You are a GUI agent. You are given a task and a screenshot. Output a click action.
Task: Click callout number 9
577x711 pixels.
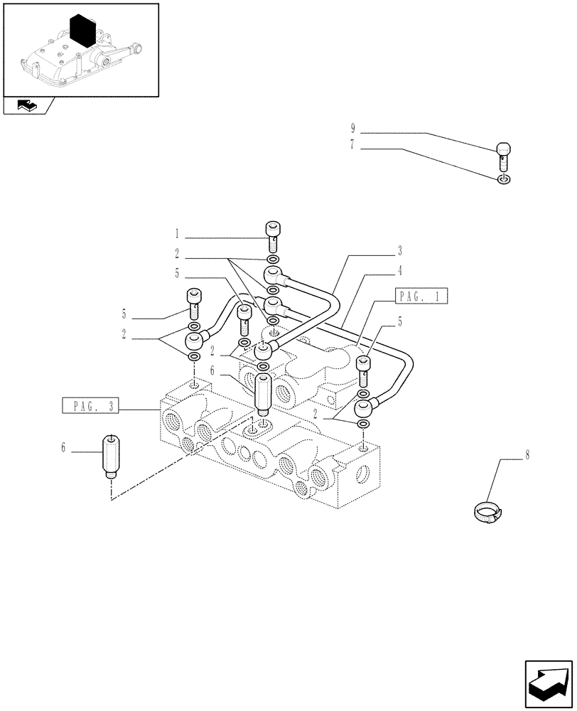point(352,129)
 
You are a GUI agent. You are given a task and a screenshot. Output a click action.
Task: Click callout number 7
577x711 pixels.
point(352,149)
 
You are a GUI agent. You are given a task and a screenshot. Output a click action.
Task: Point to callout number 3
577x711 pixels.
point(400,250)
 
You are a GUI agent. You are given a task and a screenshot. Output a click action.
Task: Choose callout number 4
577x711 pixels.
point(400,270)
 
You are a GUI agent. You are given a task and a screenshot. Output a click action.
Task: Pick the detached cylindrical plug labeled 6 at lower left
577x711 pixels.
point(110,455)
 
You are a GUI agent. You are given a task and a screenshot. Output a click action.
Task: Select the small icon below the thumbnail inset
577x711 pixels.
point(27,107)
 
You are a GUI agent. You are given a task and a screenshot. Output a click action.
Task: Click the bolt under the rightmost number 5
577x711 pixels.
point(363,370)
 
